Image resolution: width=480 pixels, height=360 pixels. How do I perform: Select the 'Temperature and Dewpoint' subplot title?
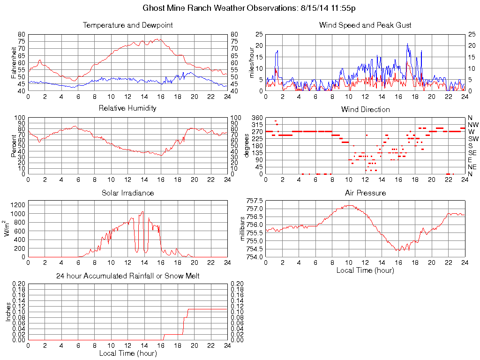coord(127,25)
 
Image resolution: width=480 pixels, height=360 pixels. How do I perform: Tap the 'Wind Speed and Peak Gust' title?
coord(365,25)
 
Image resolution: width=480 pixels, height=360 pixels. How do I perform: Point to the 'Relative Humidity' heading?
coord(127,108)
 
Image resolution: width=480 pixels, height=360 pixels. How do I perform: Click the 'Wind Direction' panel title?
coord(365,109)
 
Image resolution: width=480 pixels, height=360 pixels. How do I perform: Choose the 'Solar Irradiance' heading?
coord(127,193)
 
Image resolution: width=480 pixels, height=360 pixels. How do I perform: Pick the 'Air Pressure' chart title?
coord(365,193)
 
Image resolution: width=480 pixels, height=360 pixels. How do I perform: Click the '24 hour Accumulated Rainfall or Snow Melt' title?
coord(127,276)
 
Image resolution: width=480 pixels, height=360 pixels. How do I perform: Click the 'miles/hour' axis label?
coord(251,62)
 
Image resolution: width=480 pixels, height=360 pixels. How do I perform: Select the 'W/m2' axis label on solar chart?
coord(7,228)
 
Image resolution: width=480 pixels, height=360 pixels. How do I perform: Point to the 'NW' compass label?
coord(472,125)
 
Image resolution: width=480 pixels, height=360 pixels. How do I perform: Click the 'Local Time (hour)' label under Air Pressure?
coord(365,270)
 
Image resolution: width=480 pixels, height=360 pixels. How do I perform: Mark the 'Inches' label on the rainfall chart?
coord(8,312)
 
